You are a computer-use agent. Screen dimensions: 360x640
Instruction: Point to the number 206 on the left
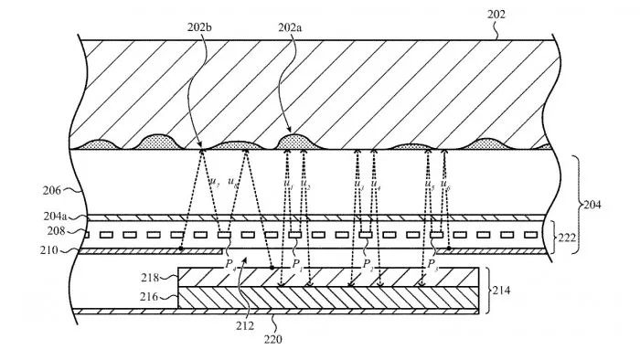pos(51,191)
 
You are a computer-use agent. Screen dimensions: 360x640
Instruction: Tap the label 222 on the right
pos(568,236)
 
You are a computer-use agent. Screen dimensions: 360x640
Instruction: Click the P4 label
pos(229,264)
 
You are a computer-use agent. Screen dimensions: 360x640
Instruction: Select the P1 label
pos(297,264)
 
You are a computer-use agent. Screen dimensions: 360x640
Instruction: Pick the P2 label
pos(367,264)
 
